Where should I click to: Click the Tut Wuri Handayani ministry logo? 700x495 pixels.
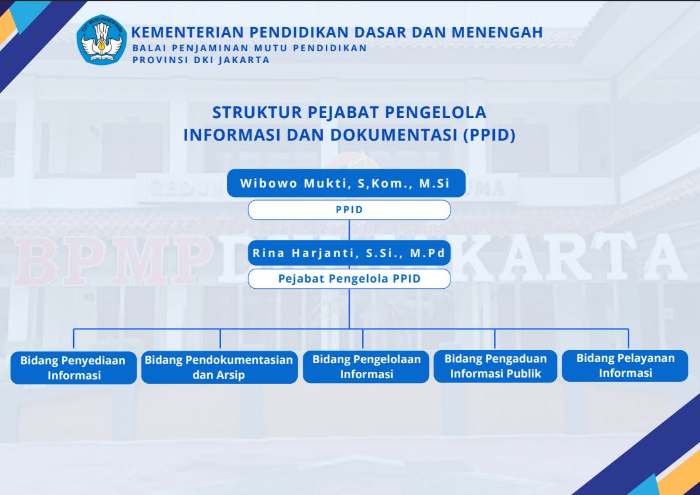[102, 40]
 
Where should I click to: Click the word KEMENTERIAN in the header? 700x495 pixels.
[188, 32]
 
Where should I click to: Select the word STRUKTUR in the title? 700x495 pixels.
[257, 112]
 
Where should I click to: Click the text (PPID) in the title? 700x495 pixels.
[489, 134]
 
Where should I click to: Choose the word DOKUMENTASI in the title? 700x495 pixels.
[394, 134]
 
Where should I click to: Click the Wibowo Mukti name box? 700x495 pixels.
[346, 183]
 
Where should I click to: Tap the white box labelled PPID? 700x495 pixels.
[349, 209]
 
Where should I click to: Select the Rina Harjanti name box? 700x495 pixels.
[349, 253]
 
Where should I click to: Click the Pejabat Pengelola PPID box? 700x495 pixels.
[349, 279]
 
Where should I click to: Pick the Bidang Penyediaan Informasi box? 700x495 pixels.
[74, 367]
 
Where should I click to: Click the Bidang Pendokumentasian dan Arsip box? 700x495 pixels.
[219, 367]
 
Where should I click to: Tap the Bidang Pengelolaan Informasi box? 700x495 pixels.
[366, 367]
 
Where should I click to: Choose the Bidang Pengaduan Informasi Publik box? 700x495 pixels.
[495, 366]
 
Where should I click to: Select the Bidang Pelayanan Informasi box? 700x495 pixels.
[625, 366]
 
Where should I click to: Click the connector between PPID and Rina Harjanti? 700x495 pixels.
[349, 230]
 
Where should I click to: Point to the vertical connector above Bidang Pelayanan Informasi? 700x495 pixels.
[629, 339]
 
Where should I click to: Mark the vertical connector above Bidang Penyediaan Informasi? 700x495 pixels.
[74, 339]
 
